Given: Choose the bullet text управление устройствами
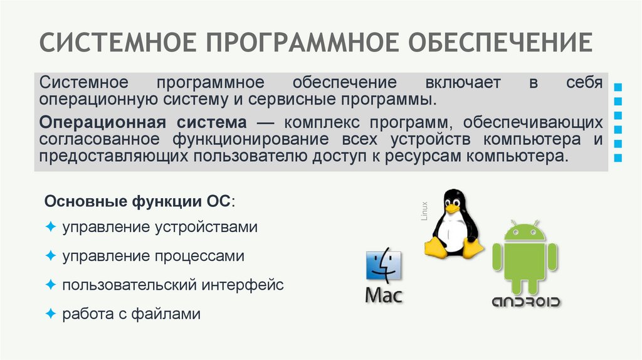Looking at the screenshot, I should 159,226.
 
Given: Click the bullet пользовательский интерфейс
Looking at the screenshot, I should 172,285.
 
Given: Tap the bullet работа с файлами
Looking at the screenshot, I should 131,314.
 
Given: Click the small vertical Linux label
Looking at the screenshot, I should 424,211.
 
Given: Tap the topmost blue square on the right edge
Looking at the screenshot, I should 619,86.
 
